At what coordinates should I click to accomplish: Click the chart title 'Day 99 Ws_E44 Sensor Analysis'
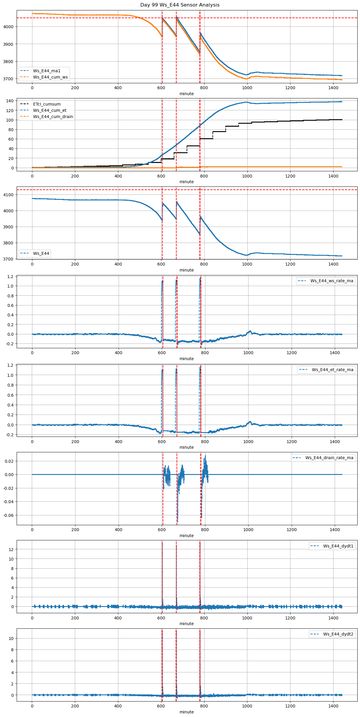click(180, 5)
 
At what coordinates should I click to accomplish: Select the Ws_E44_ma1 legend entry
click(46, 71)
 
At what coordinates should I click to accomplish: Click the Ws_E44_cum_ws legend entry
click(50, 77)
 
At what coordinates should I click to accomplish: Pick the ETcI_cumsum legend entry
click(47, 104)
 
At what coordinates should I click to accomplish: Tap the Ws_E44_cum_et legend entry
click(50, 110)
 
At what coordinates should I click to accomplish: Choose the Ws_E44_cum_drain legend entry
click(53, 117)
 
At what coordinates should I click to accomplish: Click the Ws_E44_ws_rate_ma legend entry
click(332, 281)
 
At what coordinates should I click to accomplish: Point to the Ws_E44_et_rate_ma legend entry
click(332, 370)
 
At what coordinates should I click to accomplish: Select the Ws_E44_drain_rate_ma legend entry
click(329, 458)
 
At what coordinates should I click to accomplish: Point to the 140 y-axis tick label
click(10, 101)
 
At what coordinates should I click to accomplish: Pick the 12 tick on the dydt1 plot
click(11, 549)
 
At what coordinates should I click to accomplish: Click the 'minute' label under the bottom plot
click(186, 712)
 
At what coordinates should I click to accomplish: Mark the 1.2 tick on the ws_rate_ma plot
click(10, 277)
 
